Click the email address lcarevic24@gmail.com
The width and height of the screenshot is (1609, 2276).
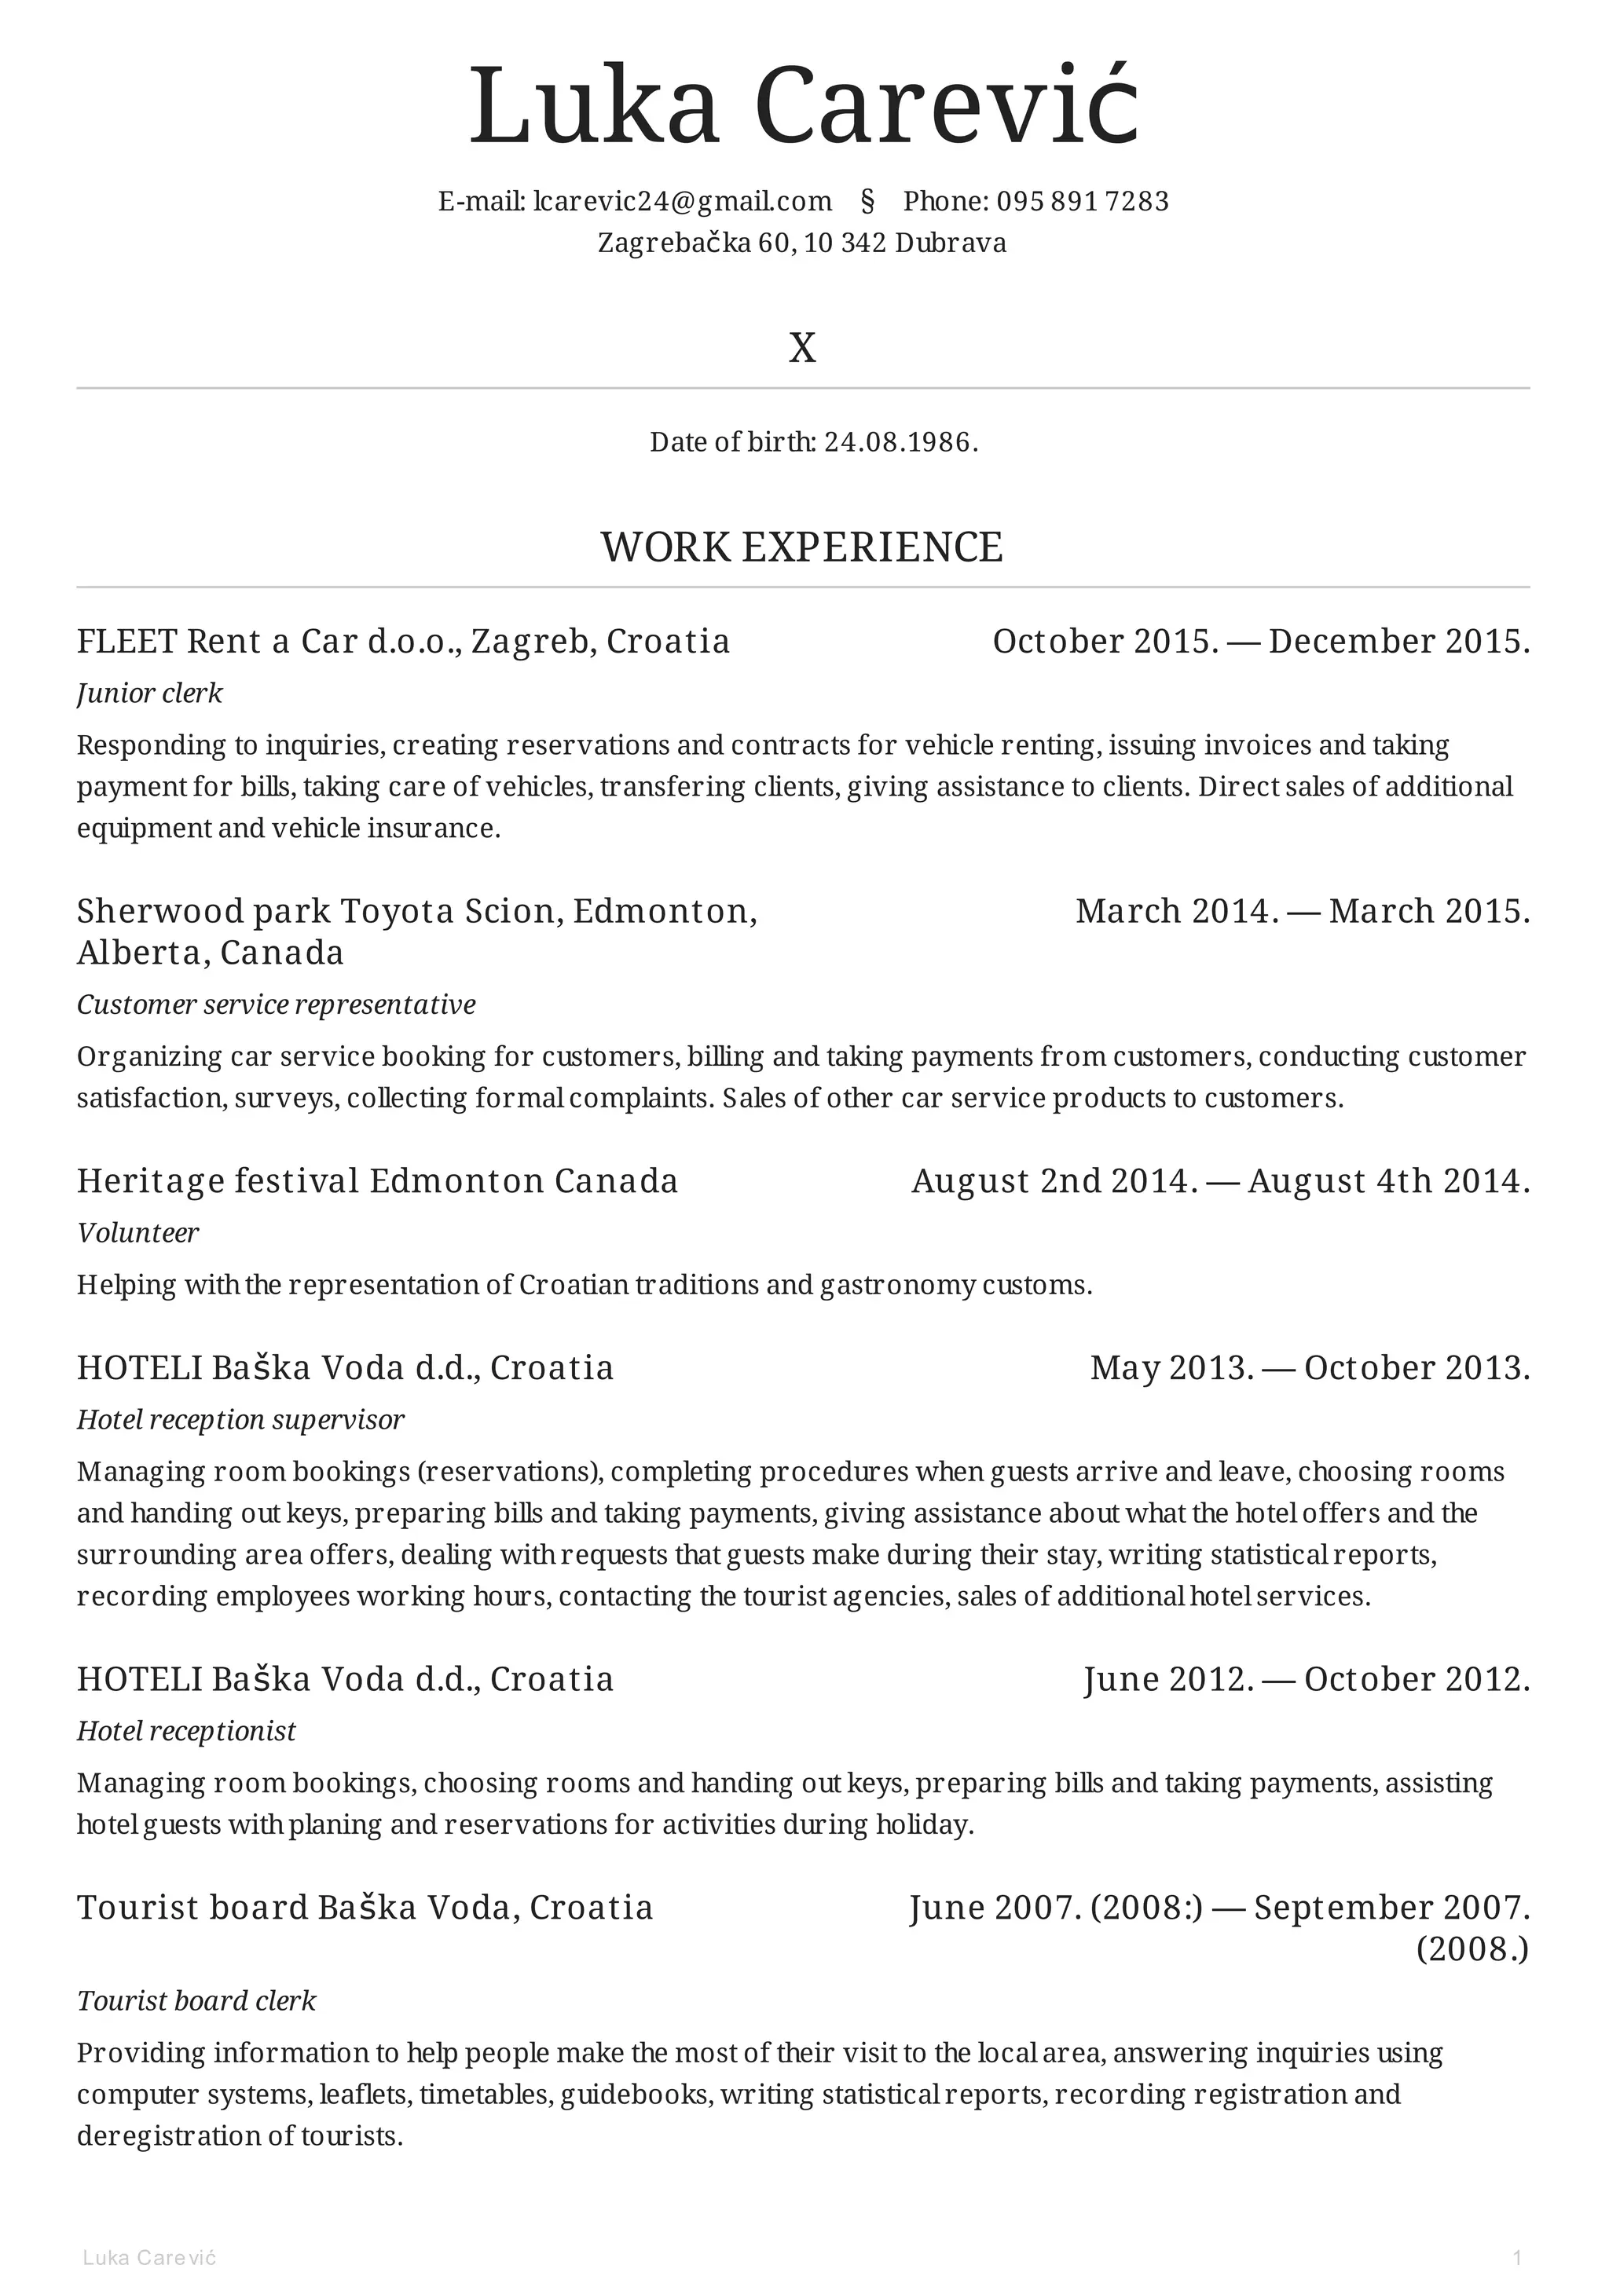point(682,201)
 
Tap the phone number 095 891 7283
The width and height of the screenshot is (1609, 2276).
point(1083,201)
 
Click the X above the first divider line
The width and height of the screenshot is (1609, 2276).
point(802,348)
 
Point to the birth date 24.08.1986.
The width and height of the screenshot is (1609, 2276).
point(900,442)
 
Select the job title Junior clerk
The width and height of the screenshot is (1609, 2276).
point(150,693)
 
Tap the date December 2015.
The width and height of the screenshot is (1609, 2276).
point(1398,642)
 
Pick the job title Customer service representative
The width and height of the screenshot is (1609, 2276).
point(277,1004)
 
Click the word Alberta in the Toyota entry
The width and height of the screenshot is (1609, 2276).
point(141,953)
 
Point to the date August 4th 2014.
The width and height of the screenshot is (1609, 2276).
point(1388,1180)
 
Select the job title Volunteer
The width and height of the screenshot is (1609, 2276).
point(137,1233)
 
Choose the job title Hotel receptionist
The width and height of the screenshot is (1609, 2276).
point(186,1731)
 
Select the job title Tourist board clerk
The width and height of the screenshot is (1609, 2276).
point(196,2000)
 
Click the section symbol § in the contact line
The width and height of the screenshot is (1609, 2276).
point(867,201)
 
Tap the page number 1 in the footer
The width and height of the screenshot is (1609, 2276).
point(1517,2258)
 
